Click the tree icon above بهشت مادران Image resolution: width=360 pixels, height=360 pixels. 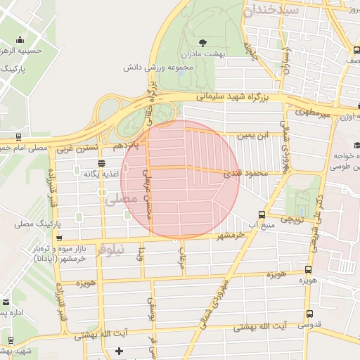pyautogui.click(x=204, y=42)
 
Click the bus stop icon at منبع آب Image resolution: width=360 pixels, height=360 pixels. pyautogui.click(x=262, y=214)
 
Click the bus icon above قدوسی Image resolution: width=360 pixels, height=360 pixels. pyautogui.click(x=309, y=314)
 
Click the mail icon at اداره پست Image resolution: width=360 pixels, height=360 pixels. pyautogui.click(x=6, y=302)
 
